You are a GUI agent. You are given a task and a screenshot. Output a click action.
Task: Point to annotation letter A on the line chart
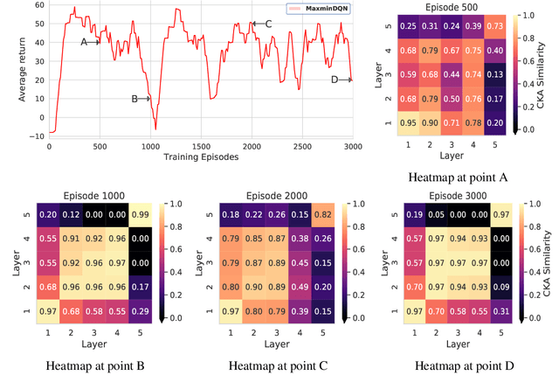[84, 41]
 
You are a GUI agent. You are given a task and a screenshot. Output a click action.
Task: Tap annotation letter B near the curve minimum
[135, 99]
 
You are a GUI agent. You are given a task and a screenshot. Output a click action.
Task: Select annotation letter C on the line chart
[268, 24]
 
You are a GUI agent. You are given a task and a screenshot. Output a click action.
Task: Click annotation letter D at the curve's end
[335, 80]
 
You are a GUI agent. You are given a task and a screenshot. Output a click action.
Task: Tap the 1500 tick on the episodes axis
[200, 145]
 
